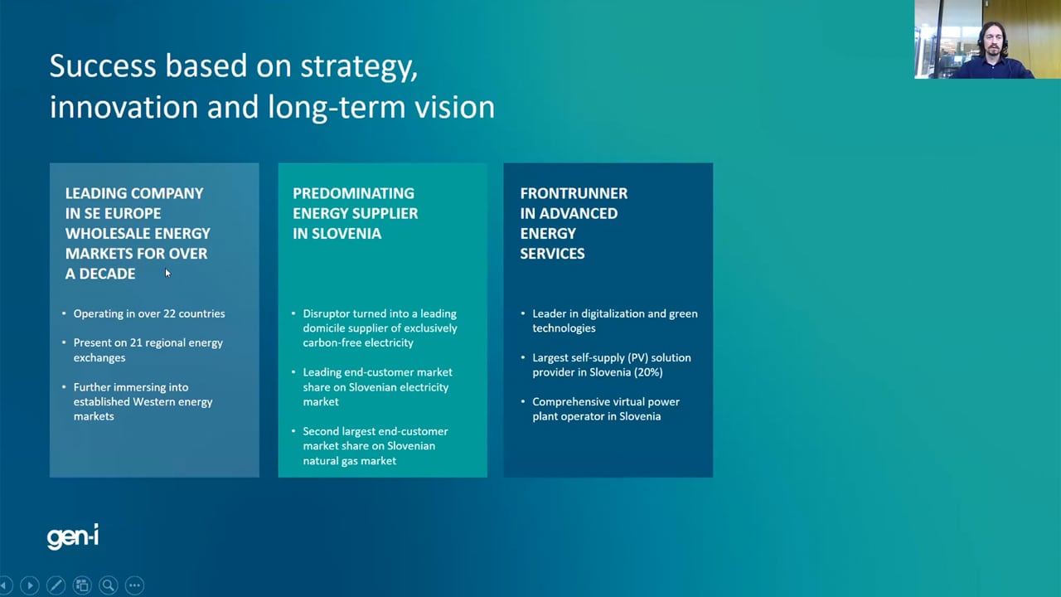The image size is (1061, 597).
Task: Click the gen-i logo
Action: pyautogui.click(x=73, y=536)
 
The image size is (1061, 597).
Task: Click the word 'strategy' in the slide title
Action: pyautogui.click(x=359, y=67)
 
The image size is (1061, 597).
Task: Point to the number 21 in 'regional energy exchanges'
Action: pyautogui.click(x=136, y=342)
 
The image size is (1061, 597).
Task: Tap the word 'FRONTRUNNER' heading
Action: pyautogui.click(x=574, y=193)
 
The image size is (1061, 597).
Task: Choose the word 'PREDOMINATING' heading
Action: pyautogui.click(x=353, y=193)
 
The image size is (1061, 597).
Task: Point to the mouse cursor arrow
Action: pyautogui.click(x=167, y=273)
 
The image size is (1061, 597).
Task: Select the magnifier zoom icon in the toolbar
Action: pyautogui.click(x=109, y=585)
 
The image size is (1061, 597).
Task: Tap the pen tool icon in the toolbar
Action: pyautogui.click(x=56, y=585)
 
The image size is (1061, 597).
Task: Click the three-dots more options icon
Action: pyautogui.click(x=134, y=585)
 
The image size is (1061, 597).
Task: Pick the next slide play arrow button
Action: pyautogui.click(x=30, y=585)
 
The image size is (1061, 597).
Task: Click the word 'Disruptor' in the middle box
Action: pyautogui.click(x=326, y=313)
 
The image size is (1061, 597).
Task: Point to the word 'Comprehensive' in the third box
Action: pyautogui.click(x=567, y=402)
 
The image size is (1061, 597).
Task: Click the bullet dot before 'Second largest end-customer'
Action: pyautogui.click(x=293, y=431)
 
